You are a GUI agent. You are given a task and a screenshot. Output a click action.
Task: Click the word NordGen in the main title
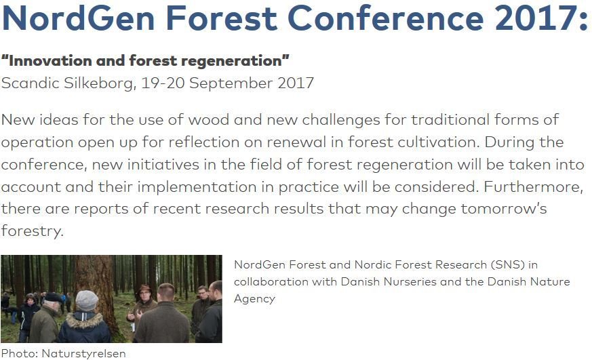tap(79, 18)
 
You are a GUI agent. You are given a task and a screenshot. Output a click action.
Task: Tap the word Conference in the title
tap(385, 18)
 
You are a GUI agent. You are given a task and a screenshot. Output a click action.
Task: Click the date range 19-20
tap(163, 83)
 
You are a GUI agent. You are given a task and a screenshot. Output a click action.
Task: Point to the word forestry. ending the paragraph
tap(32, 231)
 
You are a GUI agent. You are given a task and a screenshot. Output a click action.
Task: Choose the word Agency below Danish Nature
tap(254, 299)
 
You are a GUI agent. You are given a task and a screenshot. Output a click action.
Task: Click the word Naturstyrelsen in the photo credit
tap(83, 354)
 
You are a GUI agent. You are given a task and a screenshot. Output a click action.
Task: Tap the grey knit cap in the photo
tap(86, 300)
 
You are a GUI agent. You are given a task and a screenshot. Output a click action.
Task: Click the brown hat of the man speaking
tap(144, 289)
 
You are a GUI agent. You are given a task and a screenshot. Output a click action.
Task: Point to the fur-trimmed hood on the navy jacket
tap(84, 319)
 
